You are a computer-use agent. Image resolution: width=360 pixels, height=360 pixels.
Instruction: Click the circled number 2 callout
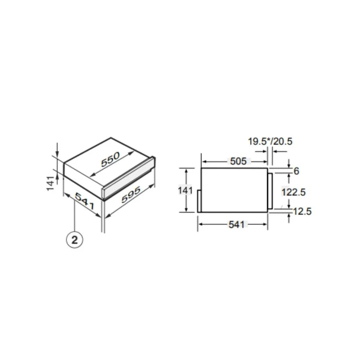[75, 239]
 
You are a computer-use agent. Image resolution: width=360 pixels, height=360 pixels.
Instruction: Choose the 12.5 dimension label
[301, 212]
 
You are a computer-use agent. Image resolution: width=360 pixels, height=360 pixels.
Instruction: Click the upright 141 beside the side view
[186, 191]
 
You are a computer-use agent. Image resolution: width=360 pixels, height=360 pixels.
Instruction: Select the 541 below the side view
[236, 225]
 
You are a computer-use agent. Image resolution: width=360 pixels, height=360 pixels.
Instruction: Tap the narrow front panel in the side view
[270, 191]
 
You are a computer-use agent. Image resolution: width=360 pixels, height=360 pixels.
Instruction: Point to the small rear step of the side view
[199, 200]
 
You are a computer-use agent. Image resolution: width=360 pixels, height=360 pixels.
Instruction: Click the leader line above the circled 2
[75, 219]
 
